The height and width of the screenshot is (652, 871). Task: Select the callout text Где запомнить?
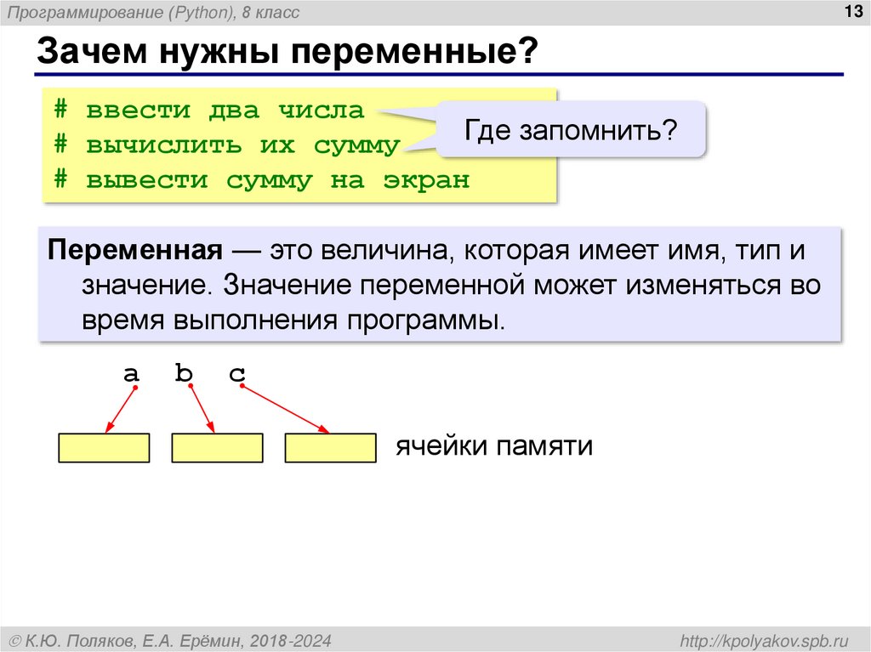[570, 130]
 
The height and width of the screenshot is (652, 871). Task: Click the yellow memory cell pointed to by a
[104, 448]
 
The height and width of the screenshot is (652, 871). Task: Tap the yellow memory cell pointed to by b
[217, 448]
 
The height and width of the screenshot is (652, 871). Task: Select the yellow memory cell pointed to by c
[330, 448]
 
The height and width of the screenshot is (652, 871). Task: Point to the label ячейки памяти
[492, 446]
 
